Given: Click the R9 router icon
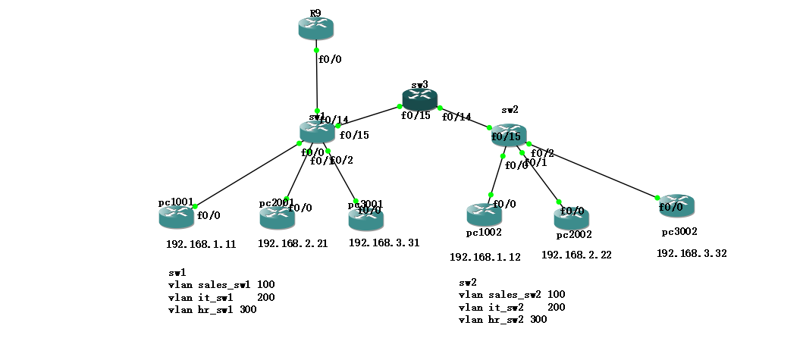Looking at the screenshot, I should click(316, 28).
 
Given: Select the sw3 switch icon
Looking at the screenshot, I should click(419, 99).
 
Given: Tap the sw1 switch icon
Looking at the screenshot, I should click(317, 131).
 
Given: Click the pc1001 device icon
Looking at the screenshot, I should click(176, 216).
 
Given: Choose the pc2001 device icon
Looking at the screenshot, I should click(277, 218).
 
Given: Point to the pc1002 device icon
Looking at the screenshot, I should click(484, 214).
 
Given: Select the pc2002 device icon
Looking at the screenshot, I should click(572, 218).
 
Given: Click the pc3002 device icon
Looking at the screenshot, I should click(676, 205).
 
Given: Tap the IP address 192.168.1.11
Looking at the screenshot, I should click(201, 245).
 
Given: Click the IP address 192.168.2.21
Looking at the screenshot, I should click(293, 243).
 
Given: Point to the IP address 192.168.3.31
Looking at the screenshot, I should click(384, 243).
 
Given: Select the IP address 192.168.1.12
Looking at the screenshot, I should click(485, 257).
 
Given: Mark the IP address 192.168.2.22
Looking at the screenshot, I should click(576, 255).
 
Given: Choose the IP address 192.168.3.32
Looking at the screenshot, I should click(692, 253).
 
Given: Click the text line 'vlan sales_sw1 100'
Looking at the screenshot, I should click(221, 284).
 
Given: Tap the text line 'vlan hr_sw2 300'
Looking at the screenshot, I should click(503, 320).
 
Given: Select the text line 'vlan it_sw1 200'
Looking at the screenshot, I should click(221, 297).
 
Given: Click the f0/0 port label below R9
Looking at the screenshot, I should click(330, 58).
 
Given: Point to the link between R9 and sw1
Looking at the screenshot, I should click(317, 83).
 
